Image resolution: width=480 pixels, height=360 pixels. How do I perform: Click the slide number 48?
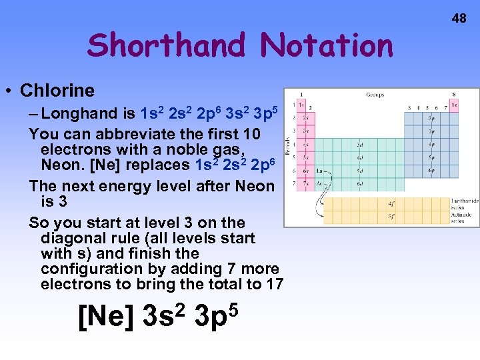[459, 18]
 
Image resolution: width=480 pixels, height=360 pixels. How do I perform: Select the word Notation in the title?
[327, 46]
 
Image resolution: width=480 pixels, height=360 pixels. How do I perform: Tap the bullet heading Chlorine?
[57, 91]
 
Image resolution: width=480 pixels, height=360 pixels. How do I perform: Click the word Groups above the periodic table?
[375, 95]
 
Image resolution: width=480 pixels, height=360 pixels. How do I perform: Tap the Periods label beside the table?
[287, 144]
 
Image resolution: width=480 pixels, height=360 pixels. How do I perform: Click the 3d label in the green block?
[360, 145]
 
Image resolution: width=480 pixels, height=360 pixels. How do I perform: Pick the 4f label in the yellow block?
[391, 204]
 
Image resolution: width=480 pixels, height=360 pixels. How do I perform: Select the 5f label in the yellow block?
[391, 216]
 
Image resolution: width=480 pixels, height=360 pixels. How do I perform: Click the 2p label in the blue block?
[431, 119]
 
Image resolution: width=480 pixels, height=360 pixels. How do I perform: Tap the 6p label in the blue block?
[431, 170]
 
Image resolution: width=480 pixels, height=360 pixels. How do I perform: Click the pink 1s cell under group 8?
[455, 105]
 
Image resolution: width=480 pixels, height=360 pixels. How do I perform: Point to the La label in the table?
[319, 171]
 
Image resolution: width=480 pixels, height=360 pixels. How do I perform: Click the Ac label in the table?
[319, 183]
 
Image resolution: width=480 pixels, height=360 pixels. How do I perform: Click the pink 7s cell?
[306, 183]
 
